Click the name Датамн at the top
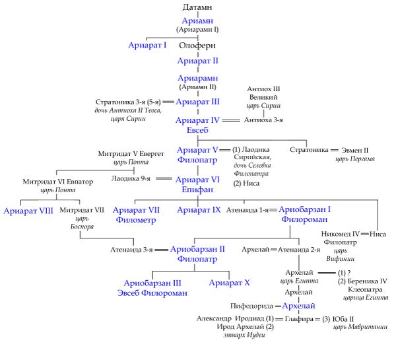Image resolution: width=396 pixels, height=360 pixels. (198, 7)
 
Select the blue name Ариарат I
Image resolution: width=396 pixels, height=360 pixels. (147, 46)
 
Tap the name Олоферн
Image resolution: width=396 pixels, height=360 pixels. (197, 46)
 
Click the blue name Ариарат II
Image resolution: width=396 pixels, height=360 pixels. (198, 61)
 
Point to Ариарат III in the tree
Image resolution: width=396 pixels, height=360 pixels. (198, 102)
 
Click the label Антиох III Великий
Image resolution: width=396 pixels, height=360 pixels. (263, 93)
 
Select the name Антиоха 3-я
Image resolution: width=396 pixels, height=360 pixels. (263, 120)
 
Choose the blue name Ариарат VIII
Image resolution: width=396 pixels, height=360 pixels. (28, 211)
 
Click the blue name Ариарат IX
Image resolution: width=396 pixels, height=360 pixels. (199, 210)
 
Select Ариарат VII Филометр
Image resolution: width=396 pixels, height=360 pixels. (136, 215)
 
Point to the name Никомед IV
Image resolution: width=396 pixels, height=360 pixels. (341, 234)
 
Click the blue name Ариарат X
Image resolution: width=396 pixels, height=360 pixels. (230, 283)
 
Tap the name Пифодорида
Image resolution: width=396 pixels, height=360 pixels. (252, 306)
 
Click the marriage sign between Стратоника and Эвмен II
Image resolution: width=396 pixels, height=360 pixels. (334, 150)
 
